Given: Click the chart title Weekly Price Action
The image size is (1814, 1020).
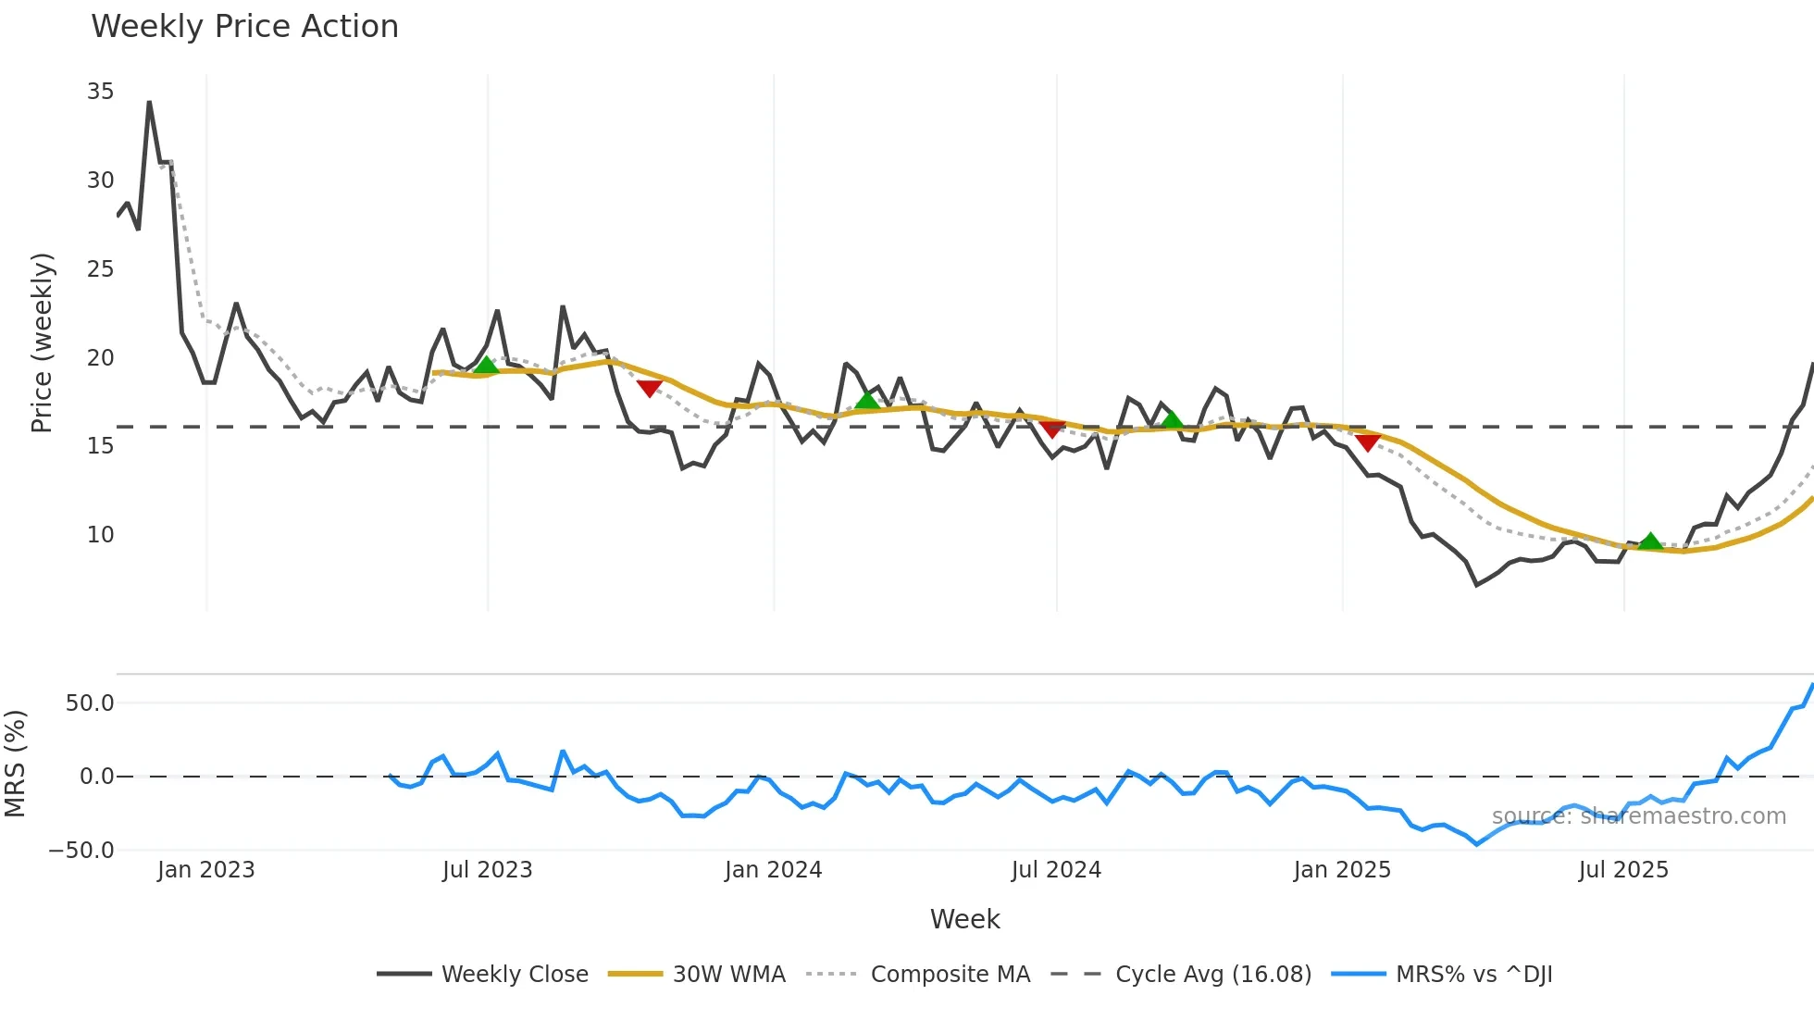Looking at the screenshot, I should pyautogui.click(x=244, y=27).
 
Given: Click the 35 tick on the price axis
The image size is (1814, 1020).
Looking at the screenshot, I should pyautogui.click(x=100, y=92).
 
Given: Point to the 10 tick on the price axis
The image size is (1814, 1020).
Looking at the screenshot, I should pyautogui.click(x=100, y=535).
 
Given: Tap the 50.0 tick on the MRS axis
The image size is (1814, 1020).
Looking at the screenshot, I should pyautogui.click(x=90, y=703).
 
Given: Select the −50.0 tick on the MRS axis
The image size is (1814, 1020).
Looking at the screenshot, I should pyautogui.click(x=81, y=851).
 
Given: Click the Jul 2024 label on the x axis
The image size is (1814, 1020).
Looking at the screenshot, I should pyautogui.click(x=1056, y=871).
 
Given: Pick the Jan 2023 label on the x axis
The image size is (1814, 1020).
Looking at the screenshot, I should pyautogui.click(x=205, y=871).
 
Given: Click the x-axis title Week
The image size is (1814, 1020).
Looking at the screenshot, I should pyautogui.click(x=964, y=920).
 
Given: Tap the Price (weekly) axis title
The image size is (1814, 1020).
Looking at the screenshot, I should pyautogui.click(x=42, y=342).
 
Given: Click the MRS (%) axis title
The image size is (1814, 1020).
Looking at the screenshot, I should pyautogui.click(x=15, y=764).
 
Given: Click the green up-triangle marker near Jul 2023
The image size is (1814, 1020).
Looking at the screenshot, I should pyautogui.click(x=487, y=366).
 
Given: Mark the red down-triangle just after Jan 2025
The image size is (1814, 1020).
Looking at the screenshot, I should pyautogui.click(x=1368, y=442).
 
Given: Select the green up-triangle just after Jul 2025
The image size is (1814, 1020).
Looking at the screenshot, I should pyautogui.click(x=1650, y=541).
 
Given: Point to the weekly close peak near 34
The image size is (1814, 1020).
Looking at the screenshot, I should pyautogui.click(x=149, y=103).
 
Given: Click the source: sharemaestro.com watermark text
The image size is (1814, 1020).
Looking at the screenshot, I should pyautogui.click(x=1638, y=816).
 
